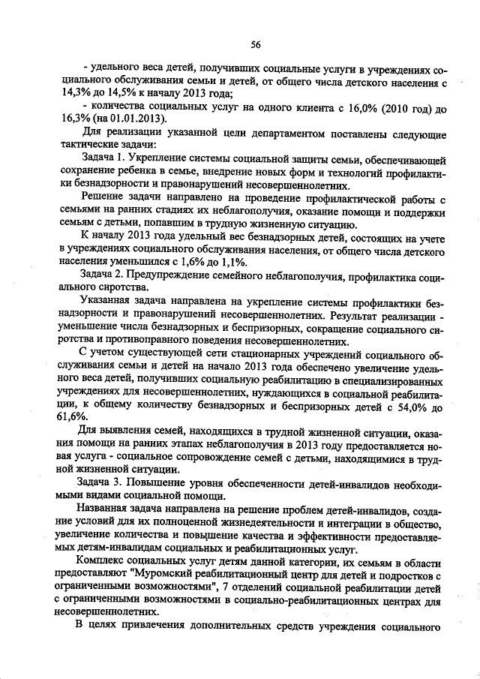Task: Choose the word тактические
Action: click(87, 146)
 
